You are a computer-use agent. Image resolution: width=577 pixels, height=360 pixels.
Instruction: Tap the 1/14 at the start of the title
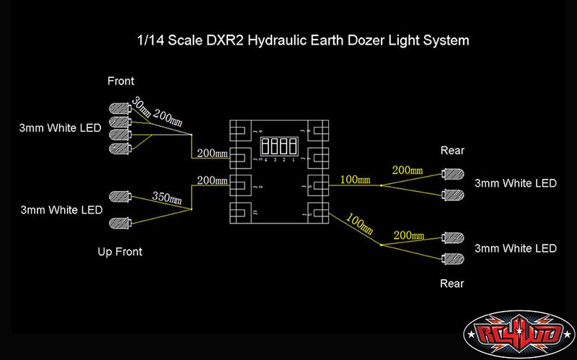(149, 40)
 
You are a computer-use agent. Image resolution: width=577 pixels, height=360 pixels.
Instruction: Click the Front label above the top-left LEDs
(120, 82)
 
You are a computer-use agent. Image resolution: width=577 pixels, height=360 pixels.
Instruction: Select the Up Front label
(120, 252)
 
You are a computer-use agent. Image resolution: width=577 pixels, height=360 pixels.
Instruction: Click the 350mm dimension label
(164, 196)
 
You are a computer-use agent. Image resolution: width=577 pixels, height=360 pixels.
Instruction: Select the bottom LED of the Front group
(118, 148)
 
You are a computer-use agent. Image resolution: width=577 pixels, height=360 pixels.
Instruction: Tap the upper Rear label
(452, 151)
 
